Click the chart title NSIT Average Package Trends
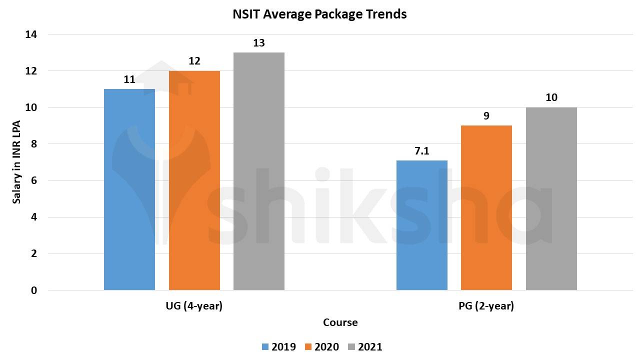point(319,14)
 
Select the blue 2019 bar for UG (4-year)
point(129,190)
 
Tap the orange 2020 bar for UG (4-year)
point(194,180)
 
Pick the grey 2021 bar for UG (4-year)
point(259,171)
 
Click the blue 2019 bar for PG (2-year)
point(422,225)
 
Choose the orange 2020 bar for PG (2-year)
point(486,208)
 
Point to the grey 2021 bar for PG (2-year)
point(551,199)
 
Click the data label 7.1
point(422,151)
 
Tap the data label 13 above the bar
point(259,43)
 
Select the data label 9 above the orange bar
point(486,116)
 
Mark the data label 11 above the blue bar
point(129,79)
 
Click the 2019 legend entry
point(278,347)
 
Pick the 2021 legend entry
point(365,347)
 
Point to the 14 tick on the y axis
point(31,34)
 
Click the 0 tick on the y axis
point(33,290)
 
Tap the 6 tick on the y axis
point(33,181)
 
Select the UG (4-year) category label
point(194,306)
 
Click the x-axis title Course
point(340,322)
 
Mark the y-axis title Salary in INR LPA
point(17,162)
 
